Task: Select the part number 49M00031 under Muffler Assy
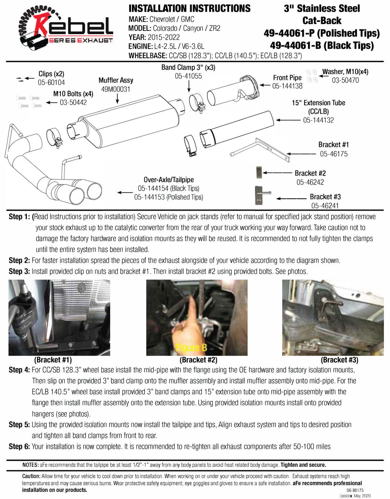[x=116, y=89]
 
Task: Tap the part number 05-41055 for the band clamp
[x=188, y=76]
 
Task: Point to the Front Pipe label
[x=287, y=78]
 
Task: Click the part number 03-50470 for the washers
[x=345, y=80]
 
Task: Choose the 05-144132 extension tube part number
[x=318, y=120]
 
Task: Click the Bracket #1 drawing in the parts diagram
[x=260, y=150]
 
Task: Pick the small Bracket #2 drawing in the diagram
[x=259, y=172]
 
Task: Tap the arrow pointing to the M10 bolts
[x=51, y=102]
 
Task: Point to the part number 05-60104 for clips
[x=51, y=83]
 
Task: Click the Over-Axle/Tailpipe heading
[x=168, y=179]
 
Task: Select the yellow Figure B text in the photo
[x=191, y=348]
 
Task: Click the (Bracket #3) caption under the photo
[x=339, y=360]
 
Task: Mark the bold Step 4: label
[x=19, y=370]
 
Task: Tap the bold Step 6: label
[x=19, y=446]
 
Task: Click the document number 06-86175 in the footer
[x=355, y=490]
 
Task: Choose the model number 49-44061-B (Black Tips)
[x=322, y=46]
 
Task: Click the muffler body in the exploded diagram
[x=129, y=121]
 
